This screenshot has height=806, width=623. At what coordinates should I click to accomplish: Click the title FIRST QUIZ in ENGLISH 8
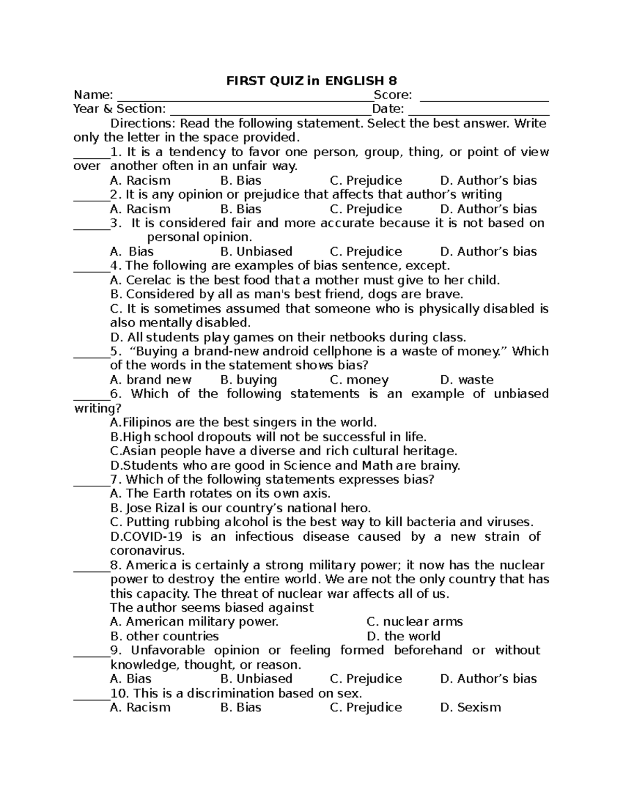point(311,81)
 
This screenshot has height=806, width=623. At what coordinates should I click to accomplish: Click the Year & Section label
point(119,109)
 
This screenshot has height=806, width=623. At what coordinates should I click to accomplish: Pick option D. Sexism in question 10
point(470,707)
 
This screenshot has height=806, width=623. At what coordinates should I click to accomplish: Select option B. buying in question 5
point(249,380)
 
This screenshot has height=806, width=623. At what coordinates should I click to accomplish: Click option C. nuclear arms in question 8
point(414,622)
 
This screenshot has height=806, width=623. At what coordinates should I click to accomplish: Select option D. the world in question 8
point(403,636)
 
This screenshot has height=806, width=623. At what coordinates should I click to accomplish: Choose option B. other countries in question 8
point(165,636)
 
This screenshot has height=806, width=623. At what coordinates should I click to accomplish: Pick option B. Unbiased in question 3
point(256,252)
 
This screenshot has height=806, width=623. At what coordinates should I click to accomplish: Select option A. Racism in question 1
point(140,181)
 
